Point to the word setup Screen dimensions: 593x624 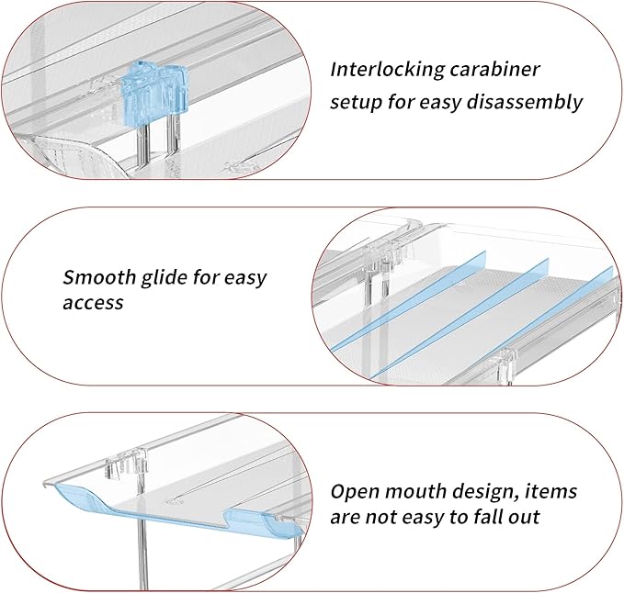click(x=358, y=102)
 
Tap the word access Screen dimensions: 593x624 click(x=93, y=302)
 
